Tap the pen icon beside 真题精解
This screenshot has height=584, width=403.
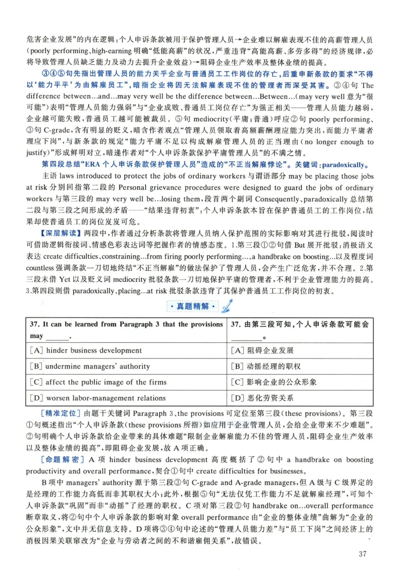228,305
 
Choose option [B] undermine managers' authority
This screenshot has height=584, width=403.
90,366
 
